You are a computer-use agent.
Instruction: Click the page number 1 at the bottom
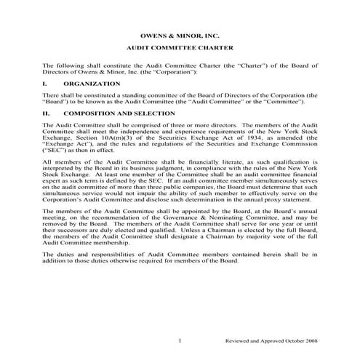[x=180, y=340]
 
